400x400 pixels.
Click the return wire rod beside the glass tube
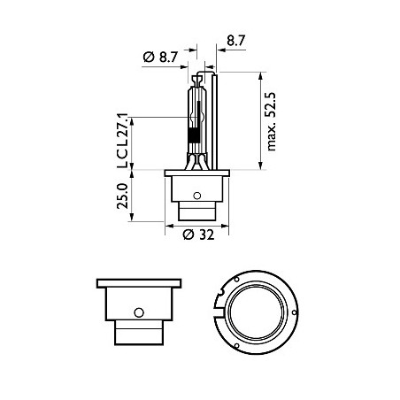(x=212, y=115)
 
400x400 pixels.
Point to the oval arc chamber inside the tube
(x=196, y=112)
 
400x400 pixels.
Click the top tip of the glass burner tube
(x=196, y=78)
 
